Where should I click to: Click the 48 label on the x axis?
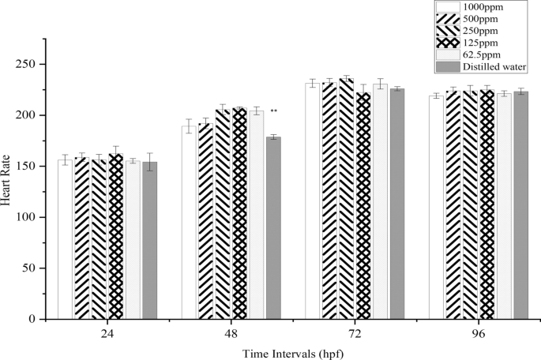pos(231,333)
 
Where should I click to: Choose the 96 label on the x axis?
pos(479,333)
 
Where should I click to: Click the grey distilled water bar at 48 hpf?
pos(273,228)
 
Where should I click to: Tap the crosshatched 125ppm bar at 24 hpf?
pos(115,237)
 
